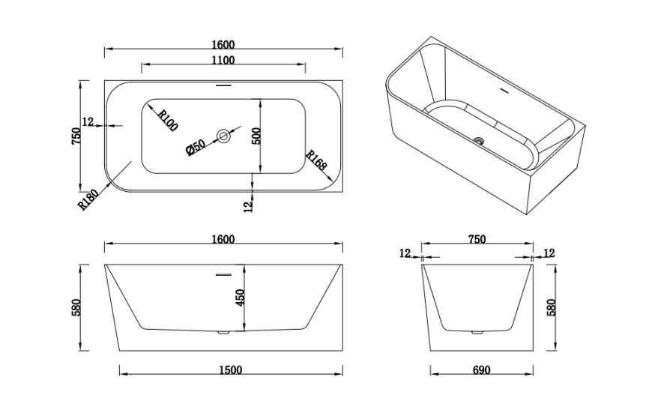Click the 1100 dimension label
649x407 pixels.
[223, 61]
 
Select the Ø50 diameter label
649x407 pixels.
[196, 147]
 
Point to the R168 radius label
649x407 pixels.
[317, 160]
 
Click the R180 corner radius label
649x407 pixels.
[88, 200]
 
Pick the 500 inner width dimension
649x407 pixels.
[256, 136]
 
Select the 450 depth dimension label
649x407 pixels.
[241, 298]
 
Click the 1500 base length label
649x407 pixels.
[231, 370]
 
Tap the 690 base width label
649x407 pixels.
[481, 370]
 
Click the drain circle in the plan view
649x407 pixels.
[223, 136]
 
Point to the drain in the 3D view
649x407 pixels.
[480, 141]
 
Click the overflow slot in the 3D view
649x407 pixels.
[505, 90]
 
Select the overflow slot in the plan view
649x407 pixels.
[223, 85]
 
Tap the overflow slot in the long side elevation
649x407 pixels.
[224, 274]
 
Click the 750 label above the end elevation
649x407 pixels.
[477, 239]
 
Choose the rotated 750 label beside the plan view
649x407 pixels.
[76, 136]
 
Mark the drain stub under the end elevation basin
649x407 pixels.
[477, 332]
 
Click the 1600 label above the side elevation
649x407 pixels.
[223, 239]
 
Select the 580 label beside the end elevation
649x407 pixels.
[551, 307]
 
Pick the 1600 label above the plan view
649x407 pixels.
[223, 44]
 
